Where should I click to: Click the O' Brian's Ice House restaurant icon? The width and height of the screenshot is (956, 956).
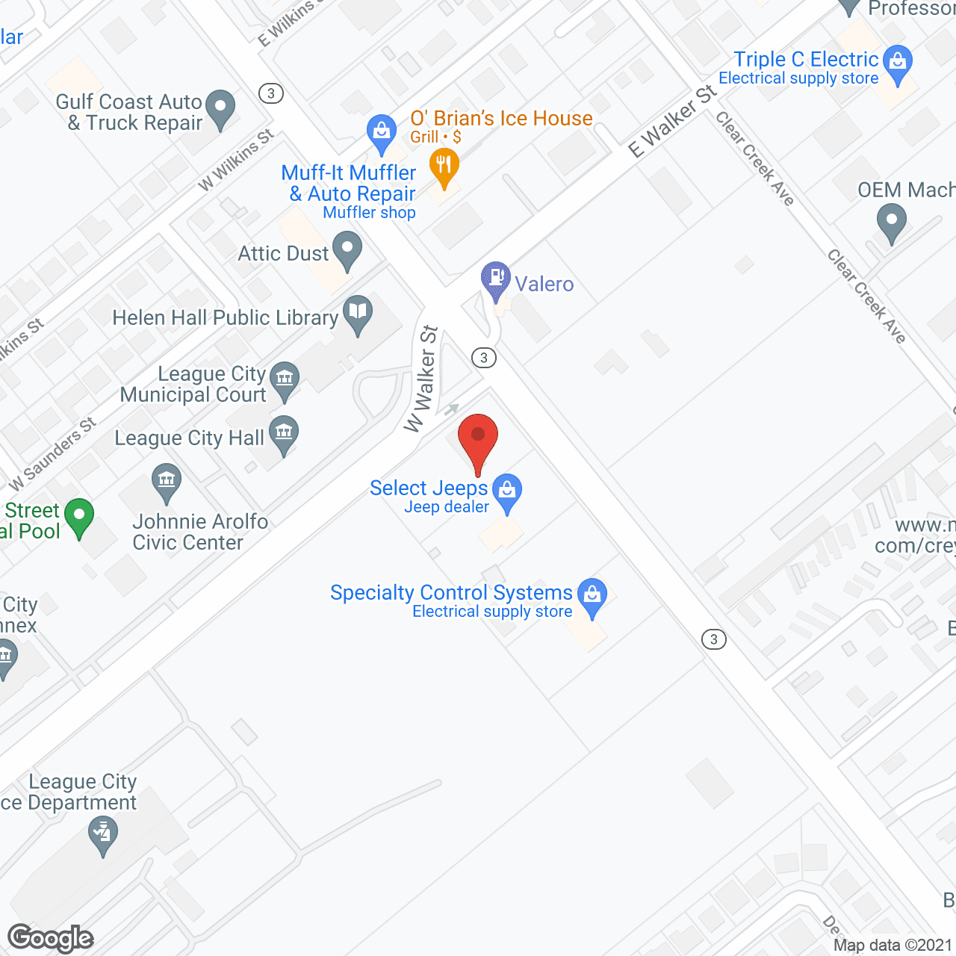pos(444,167)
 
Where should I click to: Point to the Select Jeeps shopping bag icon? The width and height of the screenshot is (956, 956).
pos(507,491)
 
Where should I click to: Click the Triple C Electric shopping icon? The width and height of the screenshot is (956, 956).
pos(898,63)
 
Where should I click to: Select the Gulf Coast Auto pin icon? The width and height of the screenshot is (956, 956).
pos(220,108)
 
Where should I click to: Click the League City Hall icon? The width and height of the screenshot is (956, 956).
pos(284,434)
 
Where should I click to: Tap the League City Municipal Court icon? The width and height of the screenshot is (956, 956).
pos(285,379)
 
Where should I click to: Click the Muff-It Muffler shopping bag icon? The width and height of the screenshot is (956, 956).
pos(382,131)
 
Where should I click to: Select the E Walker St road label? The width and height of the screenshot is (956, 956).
pos(671,122)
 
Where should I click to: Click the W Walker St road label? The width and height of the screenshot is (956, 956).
pos(422,379)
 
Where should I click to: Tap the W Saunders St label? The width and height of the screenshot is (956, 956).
pos(52,455)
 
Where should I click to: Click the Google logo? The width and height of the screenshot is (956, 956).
pos(51,938)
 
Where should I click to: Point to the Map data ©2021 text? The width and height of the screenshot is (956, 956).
pos(893,945)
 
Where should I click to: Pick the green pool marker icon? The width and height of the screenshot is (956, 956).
pos(79,516)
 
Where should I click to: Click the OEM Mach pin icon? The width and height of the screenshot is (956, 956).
pos(891,223)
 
